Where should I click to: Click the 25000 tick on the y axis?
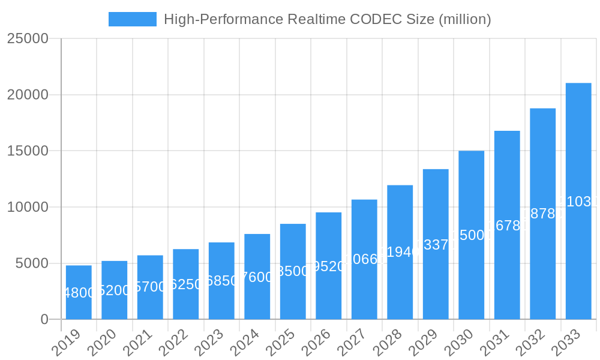point(28,38)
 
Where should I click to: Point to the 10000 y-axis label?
point(28,207)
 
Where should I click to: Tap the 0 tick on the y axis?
point(44,320)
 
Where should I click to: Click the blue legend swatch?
point(133,19)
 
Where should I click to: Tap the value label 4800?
point(79,293)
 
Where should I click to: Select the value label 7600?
point(257,277)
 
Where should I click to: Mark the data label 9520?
point(329,266)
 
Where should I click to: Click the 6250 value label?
point(186,284)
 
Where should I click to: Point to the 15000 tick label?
point(28,151)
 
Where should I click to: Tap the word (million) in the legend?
point(465,19)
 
